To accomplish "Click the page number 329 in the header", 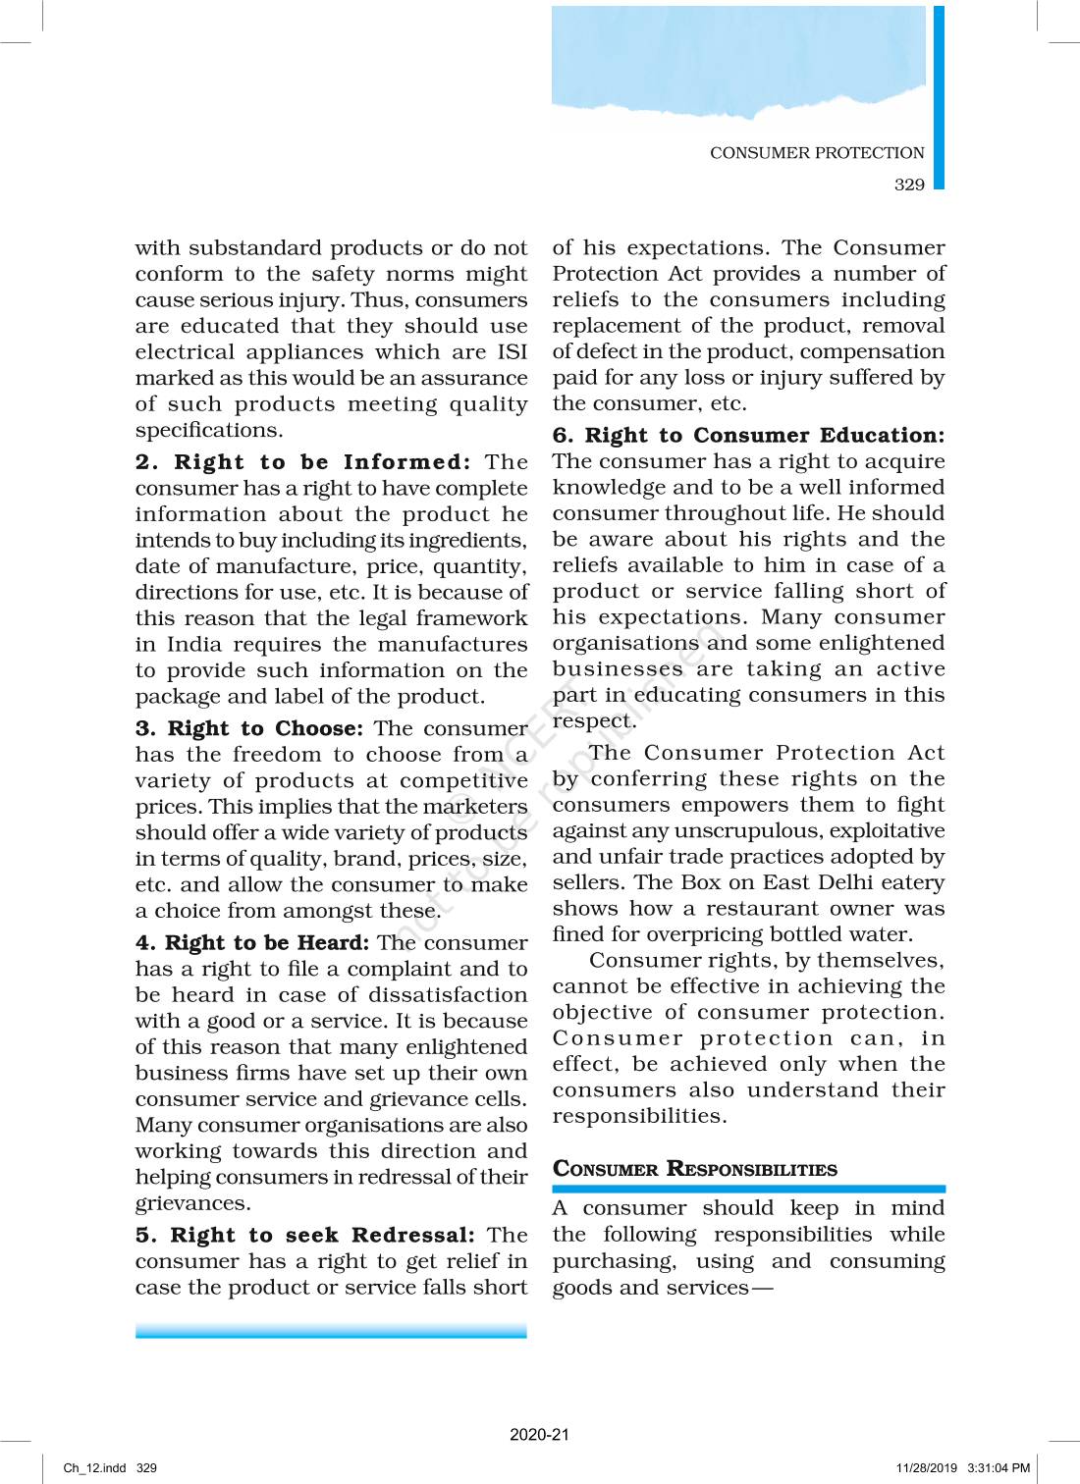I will click(x=909, y=185).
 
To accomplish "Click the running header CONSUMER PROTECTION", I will click(x=817, y=153).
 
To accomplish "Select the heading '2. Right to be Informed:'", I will click(x=303, y=462).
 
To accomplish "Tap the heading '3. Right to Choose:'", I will click(x=249, y=728).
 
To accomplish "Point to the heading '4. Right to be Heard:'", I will click(x=252, y=943).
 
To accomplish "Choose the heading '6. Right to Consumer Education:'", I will click(x=748, y=436).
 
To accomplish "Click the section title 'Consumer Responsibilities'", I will click(x=695, y=1169).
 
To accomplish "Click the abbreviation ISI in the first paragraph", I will click(x=512, y=352).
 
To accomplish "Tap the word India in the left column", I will click(x=194, y=645).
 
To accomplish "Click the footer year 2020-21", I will click(x=539, y=1434).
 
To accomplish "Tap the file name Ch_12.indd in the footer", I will click(x=94, y=1468).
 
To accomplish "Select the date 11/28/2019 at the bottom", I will click(x=926, y=1468).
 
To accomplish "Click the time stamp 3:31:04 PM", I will click(x=999, y=1468).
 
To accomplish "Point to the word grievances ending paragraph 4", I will click(x=192, y=1203).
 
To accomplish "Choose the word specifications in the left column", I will click(x=208, y=431).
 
